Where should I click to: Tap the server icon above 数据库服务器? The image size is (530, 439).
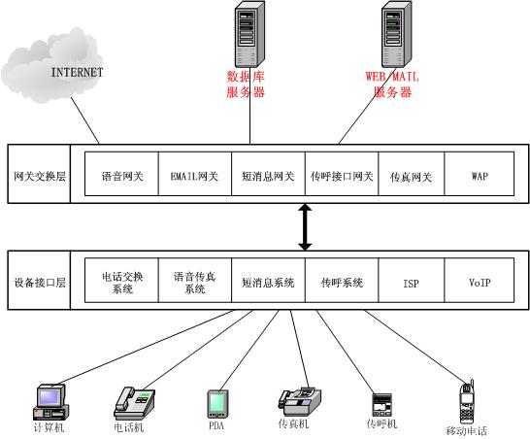point(249,34)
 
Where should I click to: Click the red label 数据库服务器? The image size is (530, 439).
point(247,84)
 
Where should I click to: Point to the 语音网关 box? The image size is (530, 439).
point(121,177)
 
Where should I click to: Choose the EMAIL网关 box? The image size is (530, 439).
point(194,177)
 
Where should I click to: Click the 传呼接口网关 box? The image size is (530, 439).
point(342,177)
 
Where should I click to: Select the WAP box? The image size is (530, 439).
point(480,177)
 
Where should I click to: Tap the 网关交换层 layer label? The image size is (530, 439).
point(39,177)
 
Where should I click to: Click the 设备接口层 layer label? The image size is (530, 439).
point(39,283)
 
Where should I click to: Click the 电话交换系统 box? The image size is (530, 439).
point(121,283)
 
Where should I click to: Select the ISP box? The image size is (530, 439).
point(411,283)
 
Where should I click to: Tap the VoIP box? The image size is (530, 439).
point(480,283)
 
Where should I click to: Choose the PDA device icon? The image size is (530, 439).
point(215,402)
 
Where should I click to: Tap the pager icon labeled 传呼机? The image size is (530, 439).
point(381,402)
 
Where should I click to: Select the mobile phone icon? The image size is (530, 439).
point(466,400)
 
